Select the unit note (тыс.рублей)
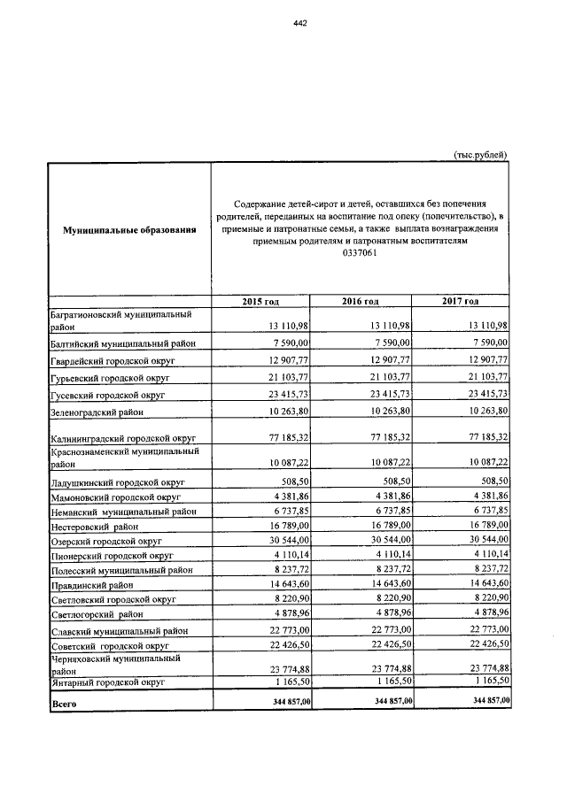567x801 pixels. coord(481,155)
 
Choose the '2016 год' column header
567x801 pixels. coord(361,303)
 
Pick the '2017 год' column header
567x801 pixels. coord(461,303)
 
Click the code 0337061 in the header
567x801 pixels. coord(360,253)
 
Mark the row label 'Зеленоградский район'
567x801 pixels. coord(97,412)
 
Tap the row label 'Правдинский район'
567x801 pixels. coord(89,584)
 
